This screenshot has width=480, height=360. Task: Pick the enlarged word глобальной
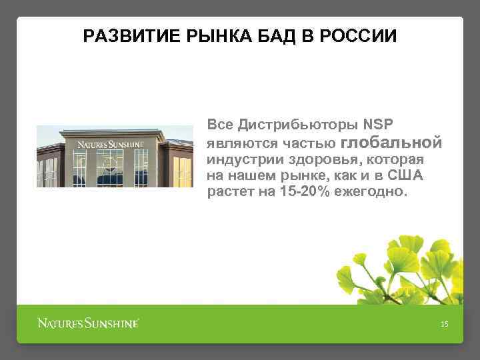(x=391, y=142)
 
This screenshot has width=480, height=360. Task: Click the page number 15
(x=445, y=324)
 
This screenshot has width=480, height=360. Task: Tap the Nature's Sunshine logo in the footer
(x=87, y=324)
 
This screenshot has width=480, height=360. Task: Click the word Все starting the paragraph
(x=220, y=125)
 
